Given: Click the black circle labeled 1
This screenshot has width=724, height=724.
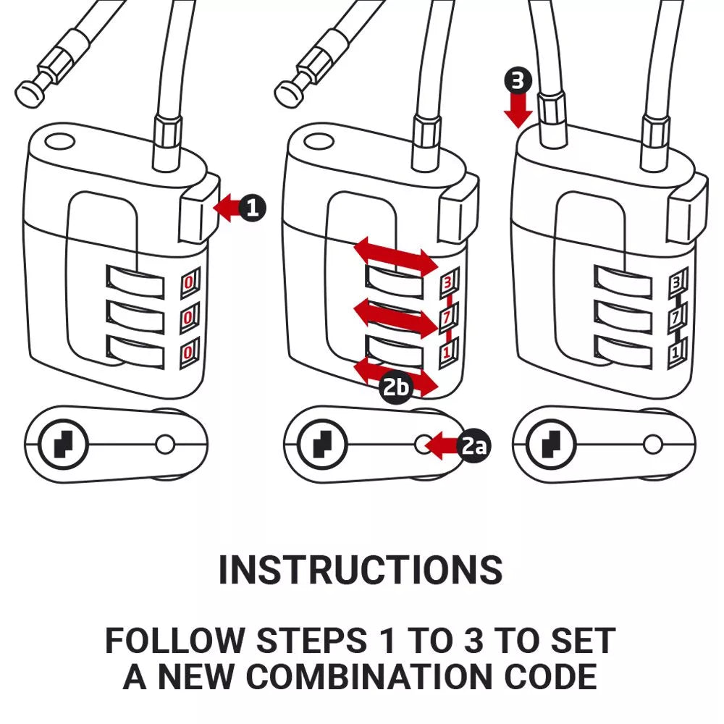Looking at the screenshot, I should pyautogui.click(x=251, y=209).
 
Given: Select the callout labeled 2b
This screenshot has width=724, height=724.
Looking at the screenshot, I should pyautogui.click(x=396, y=388).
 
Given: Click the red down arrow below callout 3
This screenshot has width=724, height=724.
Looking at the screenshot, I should pyautogui.click(x=519, y=111).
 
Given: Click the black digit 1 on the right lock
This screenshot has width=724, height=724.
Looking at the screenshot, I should pyautogui.click(x=676, y=354).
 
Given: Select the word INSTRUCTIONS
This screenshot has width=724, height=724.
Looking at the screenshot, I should pyautogui.click(x=361, y=571).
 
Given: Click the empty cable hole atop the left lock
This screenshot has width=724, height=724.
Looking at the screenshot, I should pyautogui.click(x=56, y=139).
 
